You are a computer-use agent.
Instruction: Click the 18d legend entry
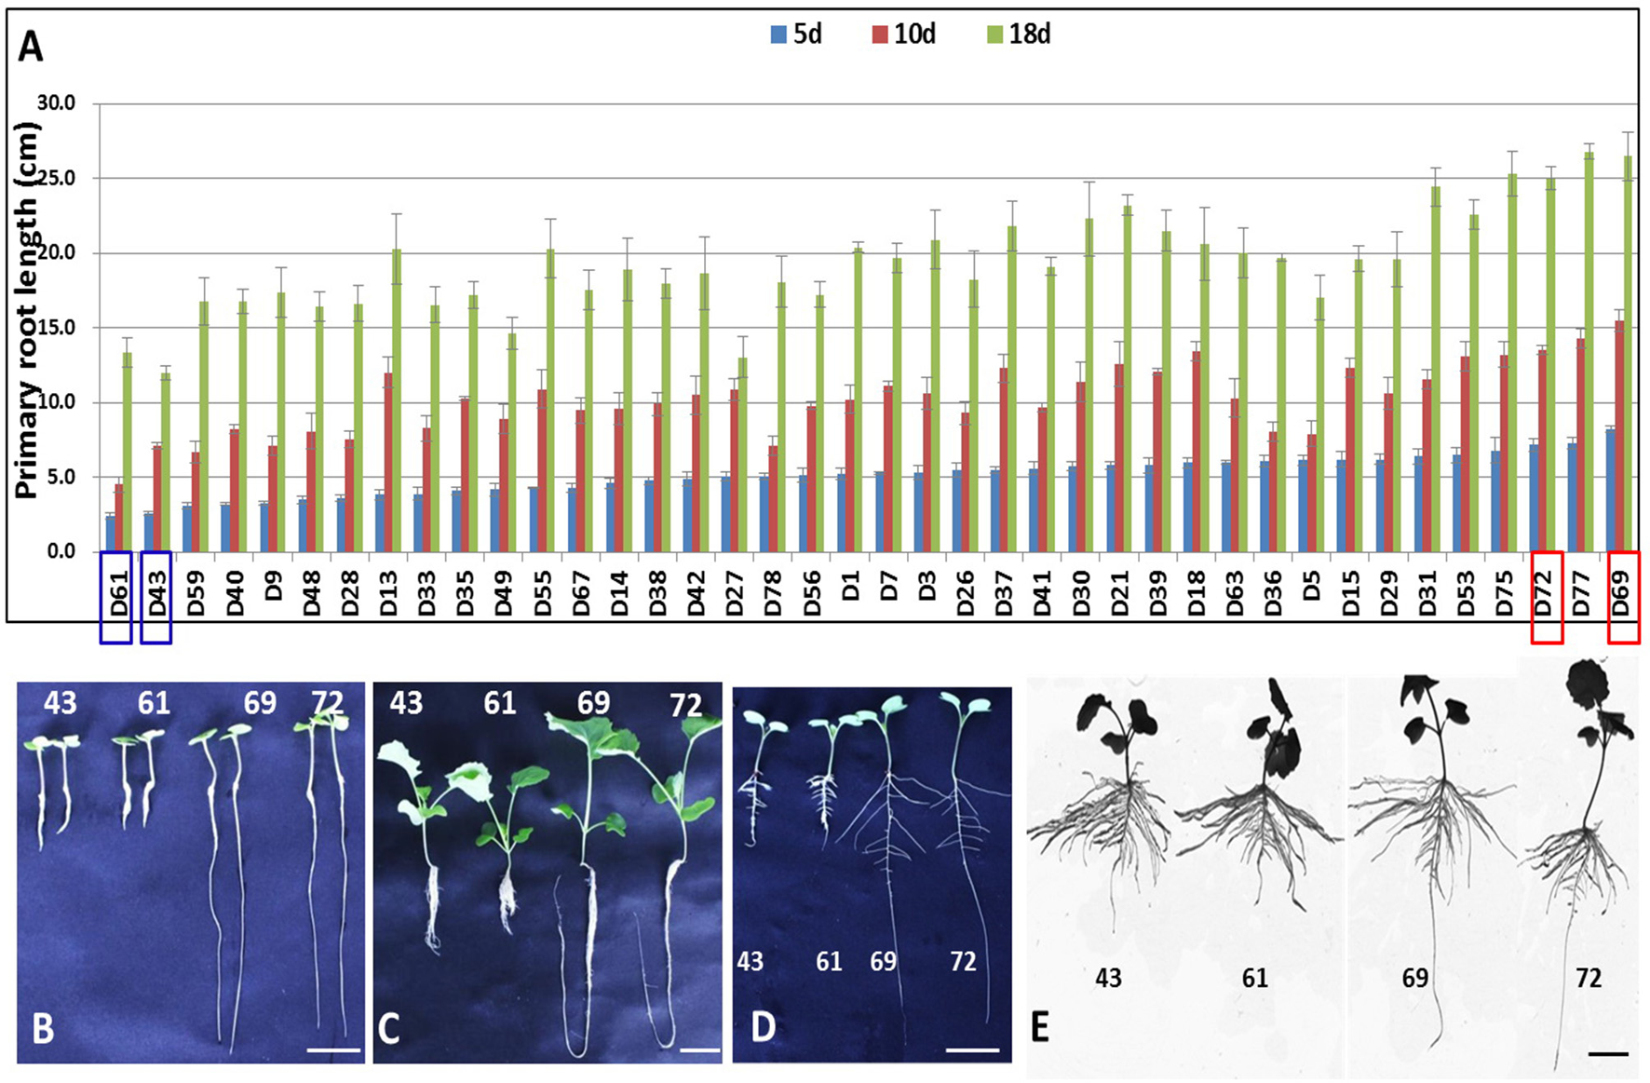[x=1019, y=34]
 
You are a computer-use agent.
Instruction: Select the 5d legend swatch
[x=778, y=34]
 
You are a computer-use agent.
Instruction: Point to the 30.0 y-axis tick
[x=56, y=103]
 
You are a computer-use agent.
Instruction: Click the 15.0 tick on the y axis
[x=56, y=328]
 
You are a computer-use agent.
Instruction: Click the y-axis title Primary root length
[x=26, y=312]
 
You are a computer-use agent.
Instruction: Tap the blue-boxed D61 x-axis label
[x=117, y=594]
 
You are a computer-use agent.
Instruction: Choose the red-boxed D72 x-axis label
[x=1545, y=594]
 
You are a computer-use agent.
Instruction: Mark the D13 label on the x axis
[x=388, y=594]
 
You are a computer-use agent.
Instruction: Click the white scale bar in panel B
[x=333, y=1050]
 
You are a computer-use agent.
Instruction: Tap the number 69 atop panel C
[x=593, y=703]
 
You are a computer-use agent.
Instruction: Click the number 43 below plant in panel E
[x=1108, y=978]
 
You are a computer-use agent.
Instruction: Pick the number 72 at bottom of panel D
[x=963, y=961]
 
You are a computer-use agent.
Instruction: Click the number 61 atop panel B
[x=154, y=702]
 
